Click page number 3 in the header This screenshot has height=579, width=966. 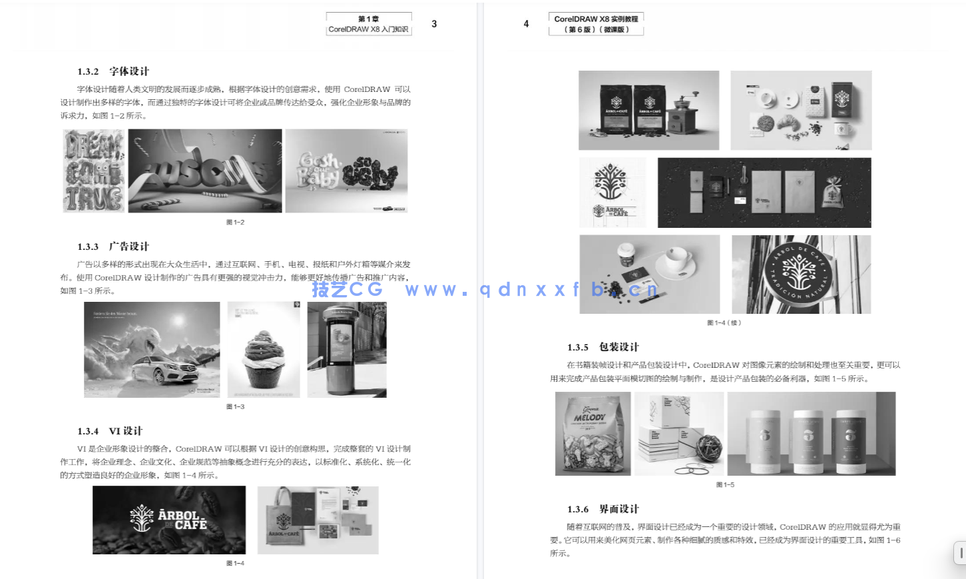434,24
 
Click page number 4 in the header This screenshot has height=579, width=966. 526,24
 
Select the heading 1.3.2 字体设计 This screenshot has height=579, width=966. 113,71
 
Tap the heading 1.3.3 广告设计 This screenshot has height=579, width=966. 113,247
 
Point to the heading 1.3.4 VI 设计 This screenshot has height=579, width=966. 110,431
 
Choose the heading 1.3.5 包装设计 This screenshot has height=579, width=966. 603,347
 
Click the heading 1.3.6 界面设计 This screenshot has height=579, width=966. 603,509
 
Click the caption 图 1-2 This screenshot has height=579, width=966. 235,223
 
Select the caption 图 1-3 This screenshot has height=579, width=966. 235,406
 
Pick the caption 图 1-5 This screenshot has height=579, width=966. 725,485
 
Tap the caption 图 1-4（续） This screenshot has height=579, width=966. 724,323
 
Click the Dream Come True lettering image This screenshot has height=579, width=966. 94,171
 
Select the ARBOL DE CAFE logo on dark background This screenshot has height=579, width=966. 169,520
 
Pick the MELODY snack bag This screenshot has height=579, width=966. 593,434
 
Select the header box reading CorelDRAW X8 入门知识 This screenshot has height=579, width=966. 369,24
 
